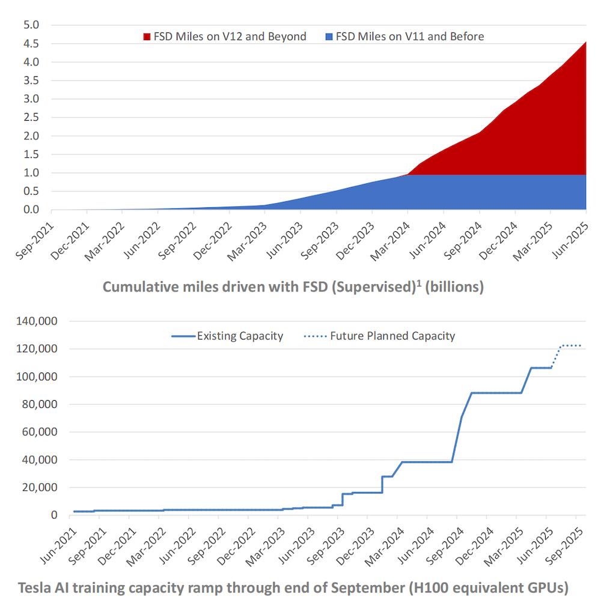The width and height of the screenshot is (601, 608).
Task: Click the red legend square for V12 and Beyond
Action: [x=147, y=37]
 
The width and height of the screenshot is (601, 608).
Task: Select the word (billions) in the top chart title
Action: [x=454, y=287]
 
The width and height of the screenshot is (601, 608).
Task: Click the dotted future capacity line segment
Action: [x=568, y=345]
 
